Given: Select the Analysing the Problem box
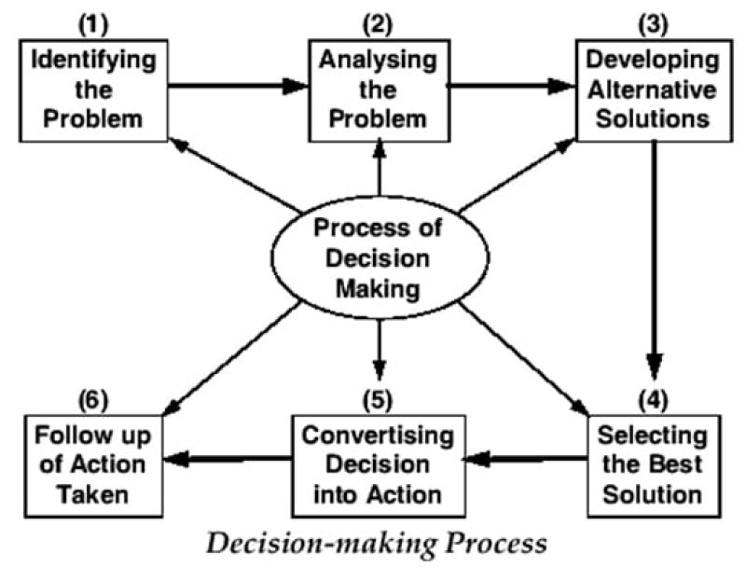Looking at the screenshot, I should pos(380,90).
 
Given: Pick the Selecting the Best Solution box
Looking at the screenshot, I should pos(652,464).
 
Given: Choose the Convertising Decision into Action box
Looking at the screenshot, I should pos(379,464).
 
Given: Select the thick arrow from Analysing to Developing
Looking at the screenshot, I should pos(512,86).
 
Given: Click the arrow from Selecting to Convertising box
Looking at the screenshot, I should pos(527,458).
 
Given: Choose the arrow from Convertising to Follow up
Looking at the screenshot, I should pos(228,458).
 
